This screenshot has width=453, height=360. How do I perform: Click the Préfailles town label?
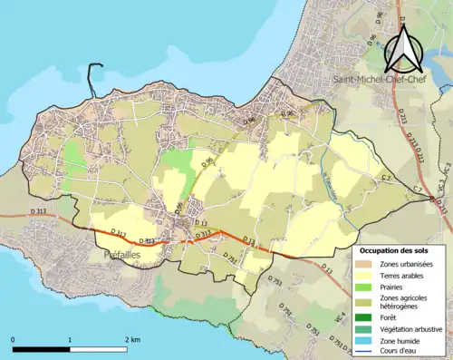pyautogui.click(x=114, y=256)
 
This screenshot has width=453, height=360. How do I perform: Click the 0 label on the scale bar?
pyautogui.click(x=13, y=339)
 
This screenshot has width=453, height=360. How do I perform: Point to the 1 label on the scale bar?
pyautogui.click(x=70, y=339)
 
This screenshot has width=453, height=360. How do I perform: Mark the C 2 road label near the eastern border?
pyautogui.click(x=386, y=179)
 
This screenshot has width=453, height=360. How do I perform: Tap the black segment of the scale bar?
pyautogui.click(x=42, y=349)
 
